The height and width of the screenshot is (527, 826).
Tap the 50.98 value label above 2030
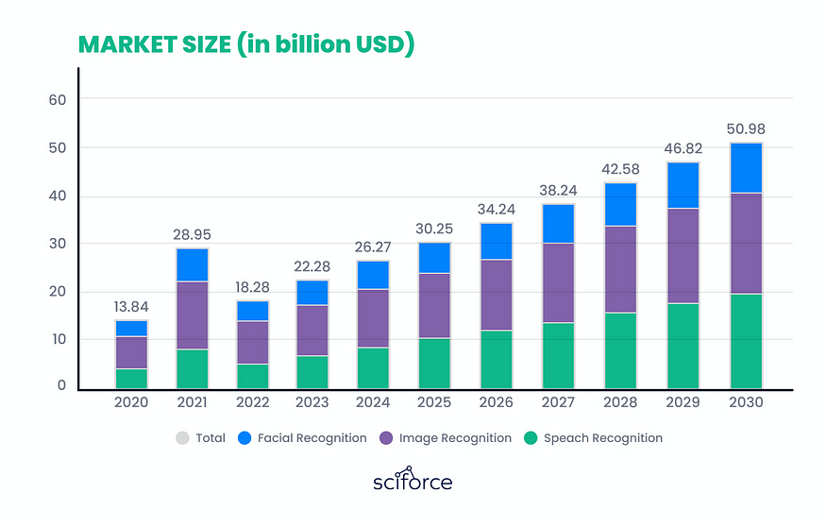746,127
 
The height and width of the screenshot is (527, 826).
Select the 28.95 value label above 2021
192,232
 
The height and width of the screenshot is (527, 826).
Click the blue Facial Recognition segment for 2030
746,168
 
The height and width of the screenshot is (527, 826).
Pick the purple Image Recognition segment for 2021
192,314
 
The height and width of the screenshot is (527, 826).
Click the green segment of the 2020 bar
130,378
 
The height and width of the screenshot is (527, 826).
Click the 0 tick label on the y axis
61,386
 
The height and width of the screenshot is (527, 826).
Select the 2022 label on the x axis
253,402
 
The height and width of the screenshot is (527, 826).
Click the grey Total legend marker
182,438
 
